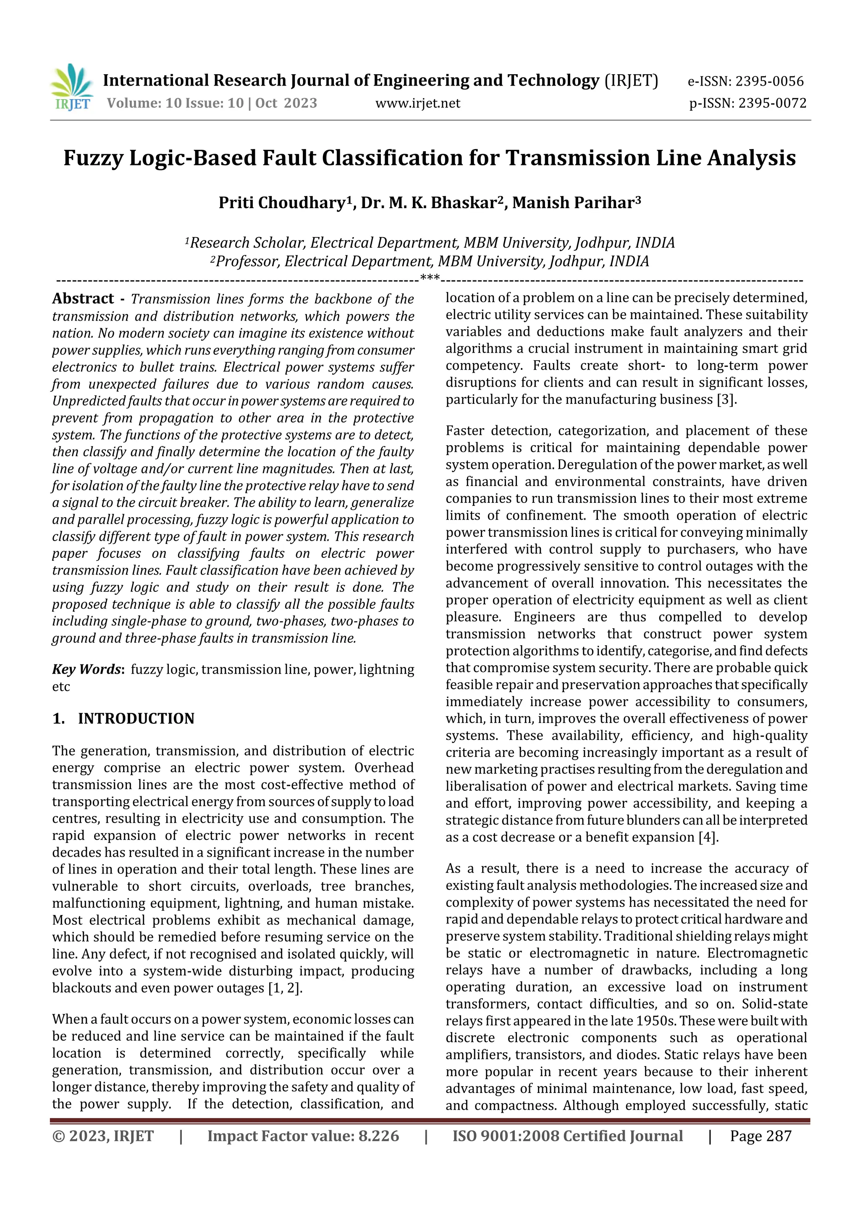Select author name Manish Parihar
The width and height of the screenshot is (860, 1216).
pos(573,203)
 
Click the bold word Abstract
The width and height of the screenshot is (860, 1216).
pos(83,299)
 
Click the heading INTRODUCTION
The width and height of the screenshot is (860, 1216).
pos(136,719)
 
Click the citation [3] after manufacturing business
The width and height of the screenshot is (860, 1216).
pos(725,399)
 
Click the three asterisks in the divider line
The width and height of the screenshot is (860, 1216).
pos(429,277)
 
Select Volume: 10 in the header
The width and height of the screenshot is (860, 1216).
pos(143,103)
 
